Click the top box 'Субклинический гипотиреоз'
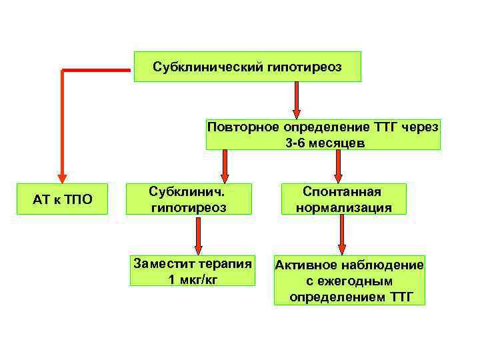point(247,67)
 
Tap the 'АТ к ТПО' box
point(63,199)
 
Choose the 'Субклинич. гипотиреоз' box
point(189,199)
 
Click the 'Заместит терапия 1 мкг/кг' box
point(193,271)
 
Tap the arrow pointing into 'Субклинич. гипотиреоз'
point(225,167)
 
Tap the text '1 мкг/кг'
point(193,279)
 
